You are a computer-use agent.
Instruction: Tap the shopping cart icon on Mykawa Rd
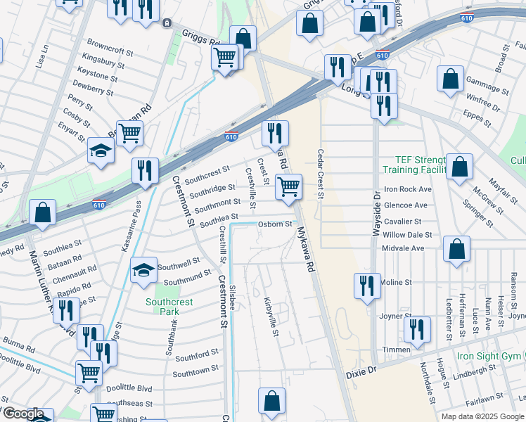288,187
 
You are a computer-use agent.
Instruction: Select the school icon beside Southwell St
143,271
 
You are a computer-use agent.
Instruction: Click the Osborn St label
275,224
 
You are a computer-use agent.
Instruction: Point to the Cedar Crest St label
321,174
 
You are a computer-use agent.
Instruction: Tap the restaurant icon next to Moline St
366,286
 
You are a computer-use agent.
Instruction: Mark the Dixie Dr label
361,370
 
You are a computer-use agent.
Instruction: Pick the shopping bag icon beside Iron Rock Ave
459,167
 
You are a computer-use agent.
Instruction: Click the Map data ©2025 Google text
482,416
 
